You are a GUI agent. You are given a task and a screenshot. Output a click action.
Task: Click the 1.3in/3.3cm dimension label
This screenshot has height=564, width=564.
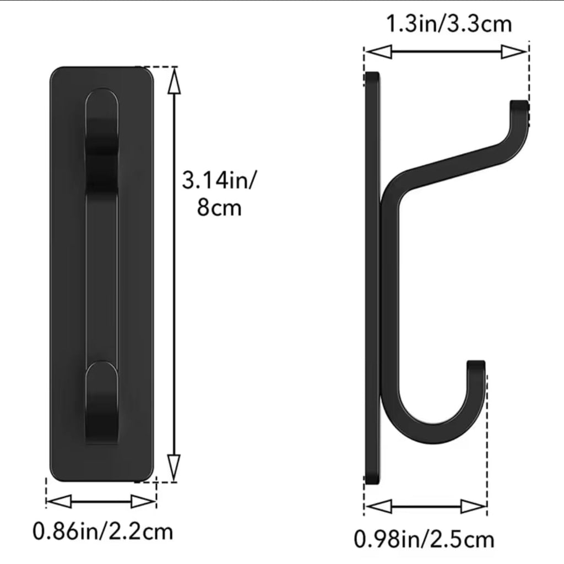pos(448,24)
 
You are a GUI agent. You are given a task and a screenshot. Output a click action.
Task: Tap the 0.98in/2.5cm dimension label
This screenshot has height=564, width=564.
pos(424,539)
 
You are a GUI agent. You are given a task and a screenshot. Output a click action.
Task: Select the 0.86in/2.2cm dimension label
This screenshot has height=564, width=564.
pos(103,532)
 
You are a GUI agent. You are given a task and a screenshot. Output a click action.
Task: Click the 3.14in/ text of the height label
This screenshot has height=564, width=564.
pos(219,180)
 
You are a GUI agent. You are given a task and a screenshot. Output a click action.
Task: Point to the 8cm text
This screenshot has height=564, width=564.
pos(219,209)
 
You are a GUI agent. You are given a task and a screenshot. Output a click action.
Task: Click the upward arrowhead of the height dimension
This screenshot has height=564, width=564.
pos(174,83)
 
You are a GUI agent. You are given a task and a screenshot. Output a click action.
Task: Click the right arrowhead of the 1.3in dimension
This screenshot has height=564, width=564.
pos(514,52)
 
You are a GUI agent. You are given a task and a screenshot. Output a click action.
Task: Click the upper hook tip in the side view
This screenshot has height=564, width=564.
pos(519,105)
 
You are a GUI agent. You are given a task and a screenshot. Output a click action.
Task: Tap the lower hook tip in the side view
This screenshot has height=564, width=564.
pos(476,366)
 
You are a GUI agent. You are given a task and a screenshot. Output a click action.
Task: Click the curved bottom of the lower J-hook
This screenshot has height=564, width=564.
pos(435,435)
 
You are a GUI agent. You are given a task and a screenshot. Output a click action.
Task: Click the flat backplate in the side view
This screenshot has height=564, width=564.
pos(372,275)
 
